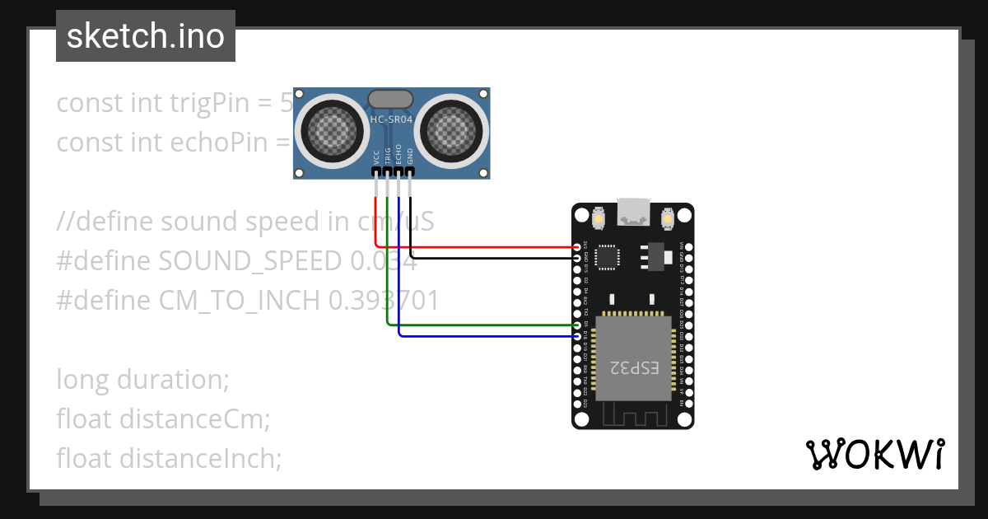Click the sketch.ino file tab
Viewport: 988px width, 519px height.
point(146,36)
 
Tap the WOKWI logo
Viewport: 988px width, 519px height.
point(874,454)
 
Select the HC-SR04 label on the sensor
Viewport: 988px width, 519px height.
point(391,119)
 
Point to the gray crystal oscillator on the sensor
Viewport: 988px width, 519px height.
point(391,99)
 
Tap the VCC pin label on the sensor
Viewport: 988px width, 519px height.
point(376,157)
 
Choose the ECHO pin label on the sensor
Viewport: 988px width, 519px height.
point(399,155)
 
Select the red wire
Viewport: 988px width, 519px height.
point(478,246)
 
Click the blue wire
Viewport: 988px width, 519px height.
point(486,335)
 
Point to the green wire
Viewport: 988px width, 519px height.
point(478,325)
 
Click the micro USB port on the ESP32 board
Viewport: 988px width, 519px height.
point(633,213)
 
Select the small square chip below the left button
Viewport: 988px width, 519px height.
point(608,256)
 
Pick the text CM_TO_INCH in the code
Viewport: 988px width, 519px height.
point(239,301)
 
